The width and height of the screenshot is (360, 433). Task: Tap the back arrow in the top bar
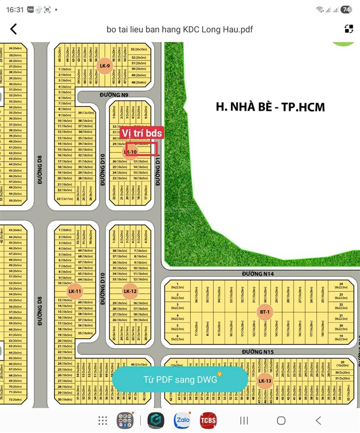[14, 29]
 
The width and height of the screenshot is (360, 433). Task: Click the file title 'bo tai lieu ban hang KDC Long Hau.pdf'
[180, 30]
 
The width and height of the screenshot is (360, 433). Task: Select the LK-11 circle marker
[74, 291]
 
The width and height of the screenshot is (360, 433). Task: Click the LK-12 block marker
[130, 291]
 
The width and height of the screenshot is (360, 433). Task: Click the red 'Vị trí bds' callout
[141, 133]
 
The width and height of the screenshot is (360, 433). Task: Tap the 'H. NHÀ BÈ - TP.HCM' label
[270, 106]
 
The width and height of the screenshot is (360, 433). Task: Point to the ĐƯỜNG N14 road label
[258, 274]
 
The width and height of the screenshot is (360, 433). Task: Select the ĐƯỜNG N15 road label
[258, 351]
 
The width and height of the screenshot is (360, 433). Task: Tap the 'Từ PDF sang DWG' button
[180, 379]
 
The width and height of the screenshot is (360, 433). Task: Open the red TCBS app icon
[208, 420]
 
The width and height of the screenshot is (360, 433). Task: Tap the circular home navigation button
[281, 421]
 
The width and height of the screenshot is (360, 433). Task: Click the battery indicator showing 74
[346, 9]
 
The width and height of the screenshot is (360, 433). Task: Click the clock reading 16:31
[15, 9]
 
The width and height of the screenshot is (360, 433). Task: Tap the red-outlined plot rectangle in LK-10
[141, 149]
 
